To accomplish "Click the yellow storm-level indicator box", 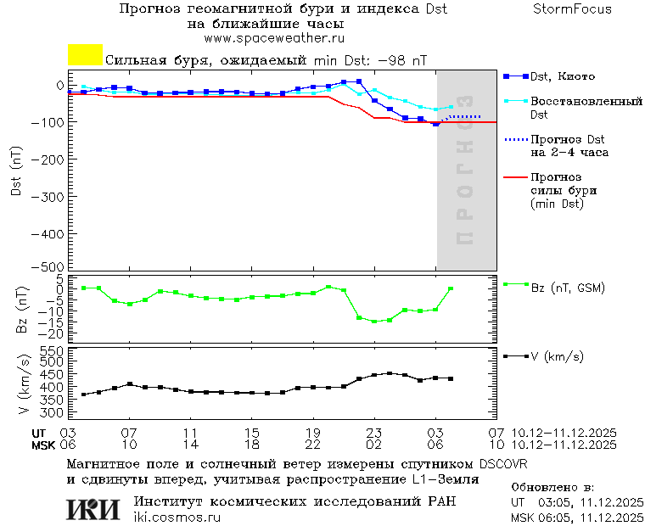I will pyautogui.click(x=85, y=55).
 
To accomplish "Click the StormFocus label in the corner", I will pyautogui.click(x=572, y=9).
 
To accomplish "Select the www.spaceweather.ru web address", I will pyautogui.click(x=274, y=38).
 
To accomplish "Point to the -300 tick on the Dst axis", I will pyautogui.click(x=53, y=195).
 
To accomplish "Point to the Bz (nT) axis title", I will pyautogui.click(x=23, y=311).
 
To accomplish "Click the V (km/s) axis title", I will pyautogui.click(x=23, y=387).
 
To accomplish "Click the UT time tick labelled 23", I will pyautogui.click(x=373, y=433).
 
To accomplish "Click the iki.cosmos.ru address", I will pyautogui.click(x=177, y=518).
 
